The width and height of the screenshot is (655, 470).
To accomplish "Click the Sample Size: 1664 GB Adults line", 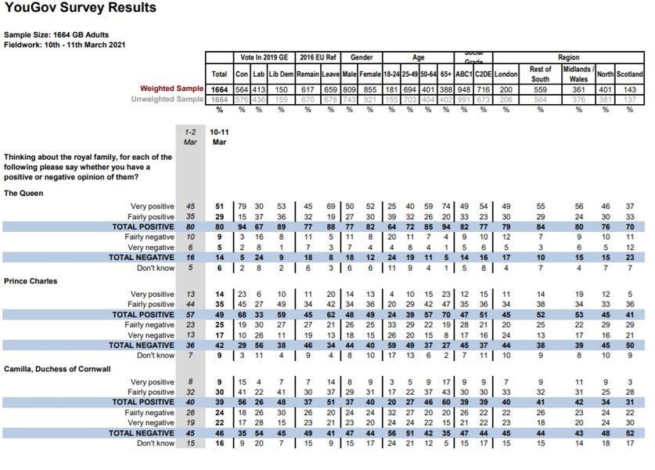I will click(x=56, y=35).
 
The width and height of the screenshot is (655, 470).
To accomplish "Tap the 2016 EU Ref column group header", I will click(x=320, y=58).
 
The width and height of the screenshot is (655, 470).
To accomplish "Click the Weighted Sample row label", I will click(x=171, y=89).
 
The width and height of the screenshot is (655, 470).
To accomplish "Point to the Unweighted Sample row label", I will click(x=167, y=99).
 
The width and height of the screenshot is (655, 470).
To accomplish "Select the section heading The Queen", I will click(x=23, y=192).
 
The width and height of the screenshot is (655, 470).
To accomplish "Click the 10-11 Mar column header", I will click(x=220, y=138).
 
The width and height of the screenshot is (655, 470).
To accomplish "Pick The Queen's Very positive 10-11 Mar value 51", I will click(x=220, y=206).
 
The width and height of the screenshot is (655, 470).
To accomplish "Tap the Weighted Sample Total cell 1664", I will click(x=220, y=89).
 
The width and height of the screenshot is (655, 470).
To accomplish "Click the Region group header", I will click(x=569, y=58).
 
